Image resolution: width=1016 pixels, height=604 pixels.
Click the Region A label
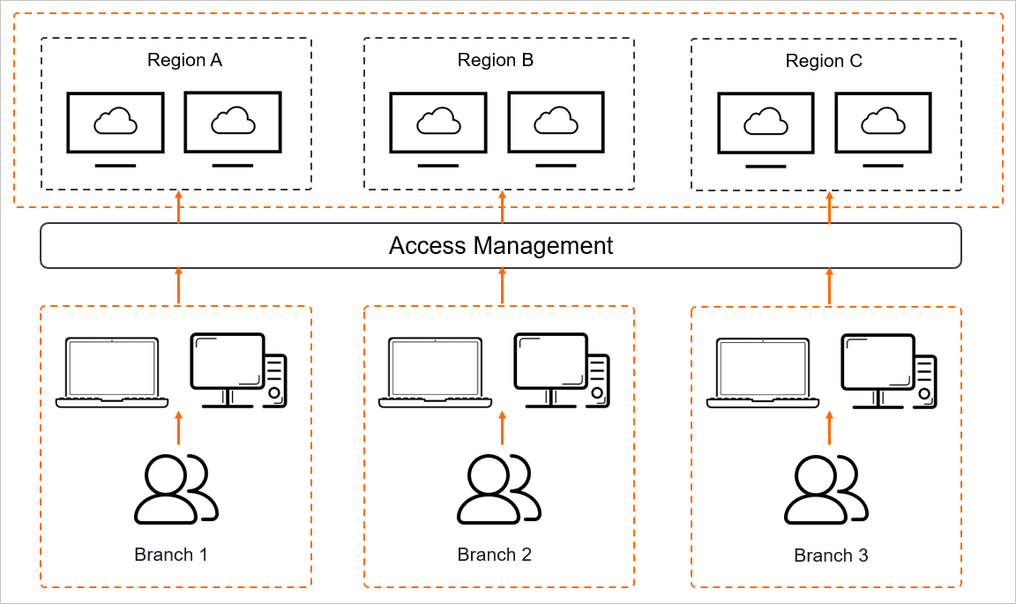coord(184,61)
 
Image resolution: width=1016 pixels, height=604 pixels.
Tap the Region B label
coord(496,61)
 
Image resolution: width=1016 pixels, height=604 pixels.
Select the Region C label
coord(824,62)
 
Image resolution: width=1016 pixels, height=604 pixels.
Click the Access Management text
coord(501,245)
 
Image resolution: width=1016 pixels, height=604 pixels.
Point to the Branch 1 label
coord(171,555)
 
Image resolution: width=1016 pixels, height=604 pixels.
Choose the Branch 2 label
coord(495,555)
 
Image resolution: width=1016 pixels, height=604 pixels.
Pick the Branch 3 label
coord(831,556)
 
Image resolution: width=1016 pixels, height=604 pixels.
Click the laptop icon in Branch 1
coord(112,372)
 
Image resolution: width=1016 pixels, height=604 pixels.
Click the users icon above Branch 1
coord(176,488)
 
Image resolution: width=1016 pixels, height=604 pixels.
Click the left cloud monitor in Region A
coord(116,127)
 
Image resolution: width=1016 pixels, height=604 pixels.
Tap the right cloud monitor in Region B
coord(556,127)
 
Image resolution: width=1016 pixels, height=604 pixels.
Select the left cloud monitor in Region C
coord(766,129)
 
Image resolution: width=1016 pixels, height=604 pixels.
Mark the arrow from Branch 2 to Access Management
coord(503,286)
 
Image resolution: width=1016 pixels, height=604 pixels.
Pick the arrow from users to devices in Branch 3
coord(829,428)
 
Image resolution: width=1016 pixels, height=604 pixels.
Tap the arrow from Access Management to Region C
coord(829,207)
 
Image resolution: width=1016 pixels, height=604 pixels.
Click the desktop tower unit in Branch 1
coord(275,381)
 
